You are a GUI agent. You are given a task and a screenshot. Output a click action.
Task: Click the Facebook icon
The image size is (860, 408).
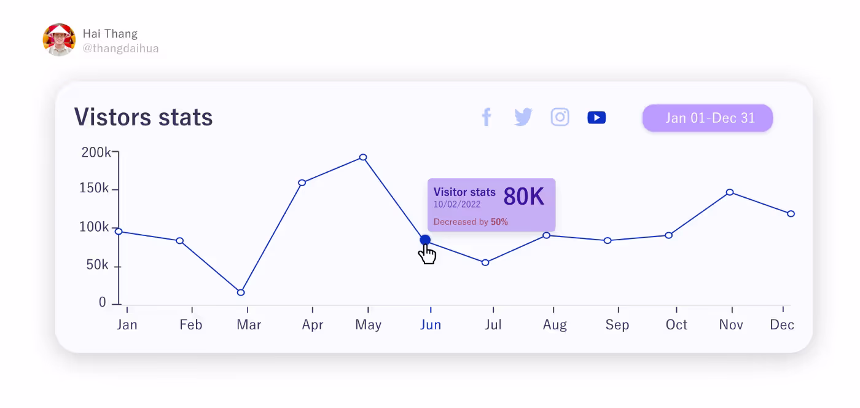[x=487, y=117]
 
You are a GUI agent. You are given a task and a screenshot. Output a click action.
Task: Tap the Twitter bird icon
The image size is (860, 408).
[x=523, y=117]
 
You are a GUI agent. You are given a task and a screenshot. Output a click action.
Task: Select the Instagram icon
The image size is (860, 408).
[x=560, y=117]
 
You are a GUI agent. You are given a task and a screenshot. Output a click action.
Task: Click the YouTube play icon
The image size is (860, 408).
[x=596, y=117]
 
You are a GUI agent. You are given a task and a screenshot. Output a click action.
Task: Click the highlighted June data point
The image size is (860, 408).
[x=425, y=240]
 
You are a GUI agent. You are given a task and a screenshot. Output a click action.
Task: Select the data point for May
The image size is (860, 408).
[x=363, y=157]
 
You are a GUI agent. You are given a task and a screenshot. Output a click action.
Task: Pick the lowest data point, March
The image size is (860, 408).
[x=241, y=292]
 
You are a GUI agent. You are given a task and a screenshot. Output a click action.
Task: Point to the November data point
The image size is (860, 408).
[x=730, y=192]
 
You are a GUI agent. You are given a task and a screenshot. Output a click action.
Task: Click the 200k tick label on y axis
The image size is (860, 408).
[x=96, y=152]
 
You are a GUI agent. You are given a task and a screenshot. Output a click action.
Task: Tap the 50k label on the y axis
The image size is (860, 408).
[x=97, y=265]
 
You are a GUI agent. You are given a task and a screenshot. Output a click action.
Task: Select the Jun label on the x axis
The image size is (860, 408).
[x=431, y=325]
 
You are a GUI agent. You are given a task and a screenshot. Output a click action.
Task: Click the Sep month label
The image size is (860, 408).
[x=617, y=325]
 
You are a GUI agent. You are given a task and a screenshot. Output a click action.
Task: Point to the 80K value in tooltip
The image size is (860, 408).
[x=524, y=197]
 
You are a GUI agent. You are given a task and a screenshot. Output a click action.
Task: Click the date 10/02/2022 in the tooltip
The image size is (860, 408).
[x=457, y=205]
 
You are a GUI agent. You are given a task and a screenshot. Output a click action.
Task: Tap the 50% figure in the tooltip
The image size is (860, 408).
[x=499, y=222]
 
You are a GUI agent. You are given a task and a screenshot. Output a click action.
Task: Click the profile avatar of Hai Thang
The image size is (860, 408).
[x=59, y=40]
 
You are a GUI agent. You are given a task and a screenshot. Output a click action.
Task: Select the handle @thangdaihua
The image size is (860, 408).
[x=120, y=48]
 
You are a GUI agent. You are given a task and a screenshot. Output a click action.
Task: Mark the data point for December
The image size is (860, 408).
[x=791, y=214]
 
